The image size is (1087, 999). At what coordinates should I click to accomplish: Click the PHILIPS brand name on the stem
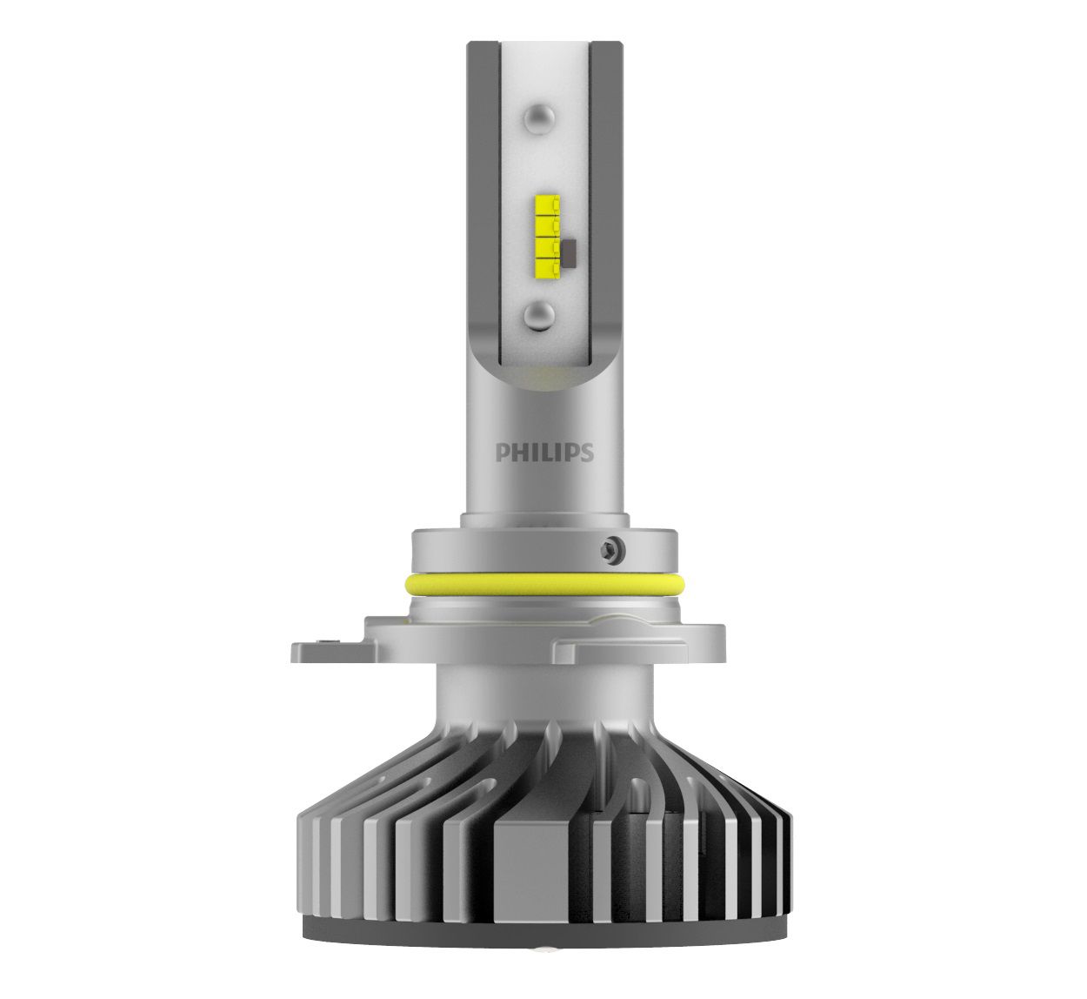pos(544,453)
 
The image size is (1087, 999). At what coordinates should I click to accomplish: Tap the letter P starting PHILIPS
pos(502,453)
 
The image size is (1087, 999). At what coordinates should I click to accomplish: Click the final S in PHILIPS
pos(587,453)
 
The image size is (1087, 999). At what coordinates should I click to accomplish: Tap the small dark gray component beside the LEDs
pos(570,252)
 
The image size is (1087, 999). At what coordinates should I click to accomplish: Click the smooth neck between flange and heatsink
pos(544,696)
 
